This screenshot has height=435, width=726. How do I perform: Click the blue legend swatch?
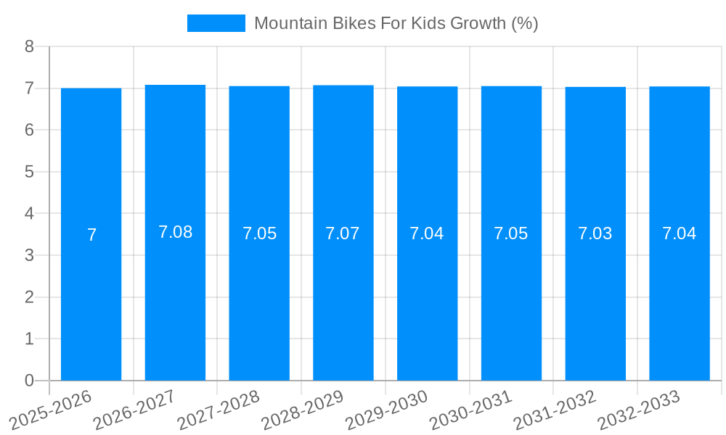tap(216, 23)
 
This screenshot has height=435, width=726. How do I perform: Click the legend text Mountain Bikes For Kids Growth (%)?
tap(396, 23)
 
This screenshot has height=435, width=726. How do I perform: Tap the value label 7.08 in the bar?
tap(175, 232)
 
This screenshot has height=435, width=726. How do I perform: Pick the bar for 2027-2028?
tap(259, 304)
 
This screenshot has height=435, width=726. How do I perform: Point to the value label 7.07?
tap(343, 233)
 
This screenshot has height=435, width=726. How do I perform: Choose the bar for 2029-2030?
tap(427, 304)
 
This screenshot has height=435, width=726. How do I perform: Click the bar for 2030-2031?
tap(511, 304)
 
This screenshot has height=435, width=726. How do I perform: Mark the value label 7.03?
tap(595, 233)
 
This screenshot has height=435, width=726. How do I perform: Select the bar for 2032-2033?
tap(679, 304)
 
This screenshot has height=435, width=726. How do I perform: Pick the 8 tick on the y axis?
tap(29, 46)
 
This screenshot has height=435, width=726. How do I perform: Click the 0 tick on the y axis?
tap(29, 381)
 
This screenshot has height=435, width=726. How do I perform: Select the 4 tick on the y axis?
tap(29, 214)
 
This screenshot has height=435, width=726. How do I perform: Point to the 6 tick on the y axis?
tap(29, 130)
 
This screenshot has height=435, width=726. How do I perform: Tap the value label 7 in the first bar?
tap(91, 235)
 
